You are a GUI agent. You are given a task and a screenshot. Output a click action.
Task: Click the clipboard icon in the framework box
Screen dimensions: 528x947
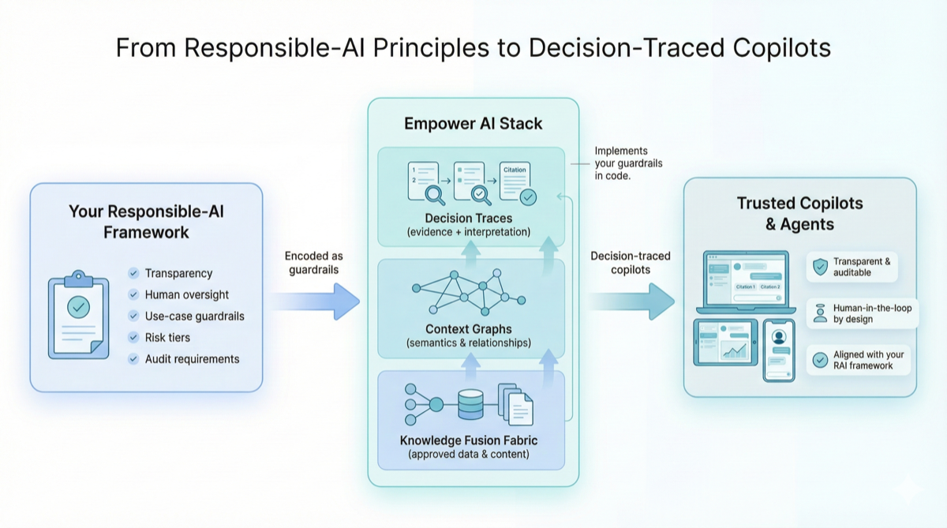pyautogui.click(x=77, y=314)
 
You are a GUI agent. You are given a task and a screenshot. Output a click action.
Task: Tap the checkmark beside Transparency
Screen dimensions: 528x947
pyautogui.click(x=133, y=273)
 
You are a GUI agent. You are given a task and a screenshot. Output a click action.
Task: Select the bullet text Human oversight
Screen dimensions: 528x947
pyautogui.click(x=186, y=294)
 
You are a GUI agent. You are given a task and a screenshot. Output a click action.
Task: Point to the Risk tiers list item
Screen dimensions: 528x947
pyautogui.click(x=167, y=337)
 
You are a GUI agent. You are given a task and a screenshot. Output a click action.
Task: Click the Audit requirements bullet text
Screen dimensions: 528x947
pyautogui.click(x=192, y=358)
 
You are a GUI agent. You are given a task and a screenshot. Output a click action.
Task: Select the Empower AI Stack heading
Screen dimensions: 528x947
pyautogui.click(x=473, y=124)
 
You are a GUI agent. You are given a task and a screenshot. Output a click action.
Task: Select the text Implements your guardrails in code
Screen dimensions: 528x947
pyautogui.click(x=628, y=163)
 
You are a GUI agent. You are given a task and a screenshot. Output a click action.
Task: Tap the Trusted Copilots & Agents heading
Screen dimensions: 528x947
pyautogui.click(x=799, y=212)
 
